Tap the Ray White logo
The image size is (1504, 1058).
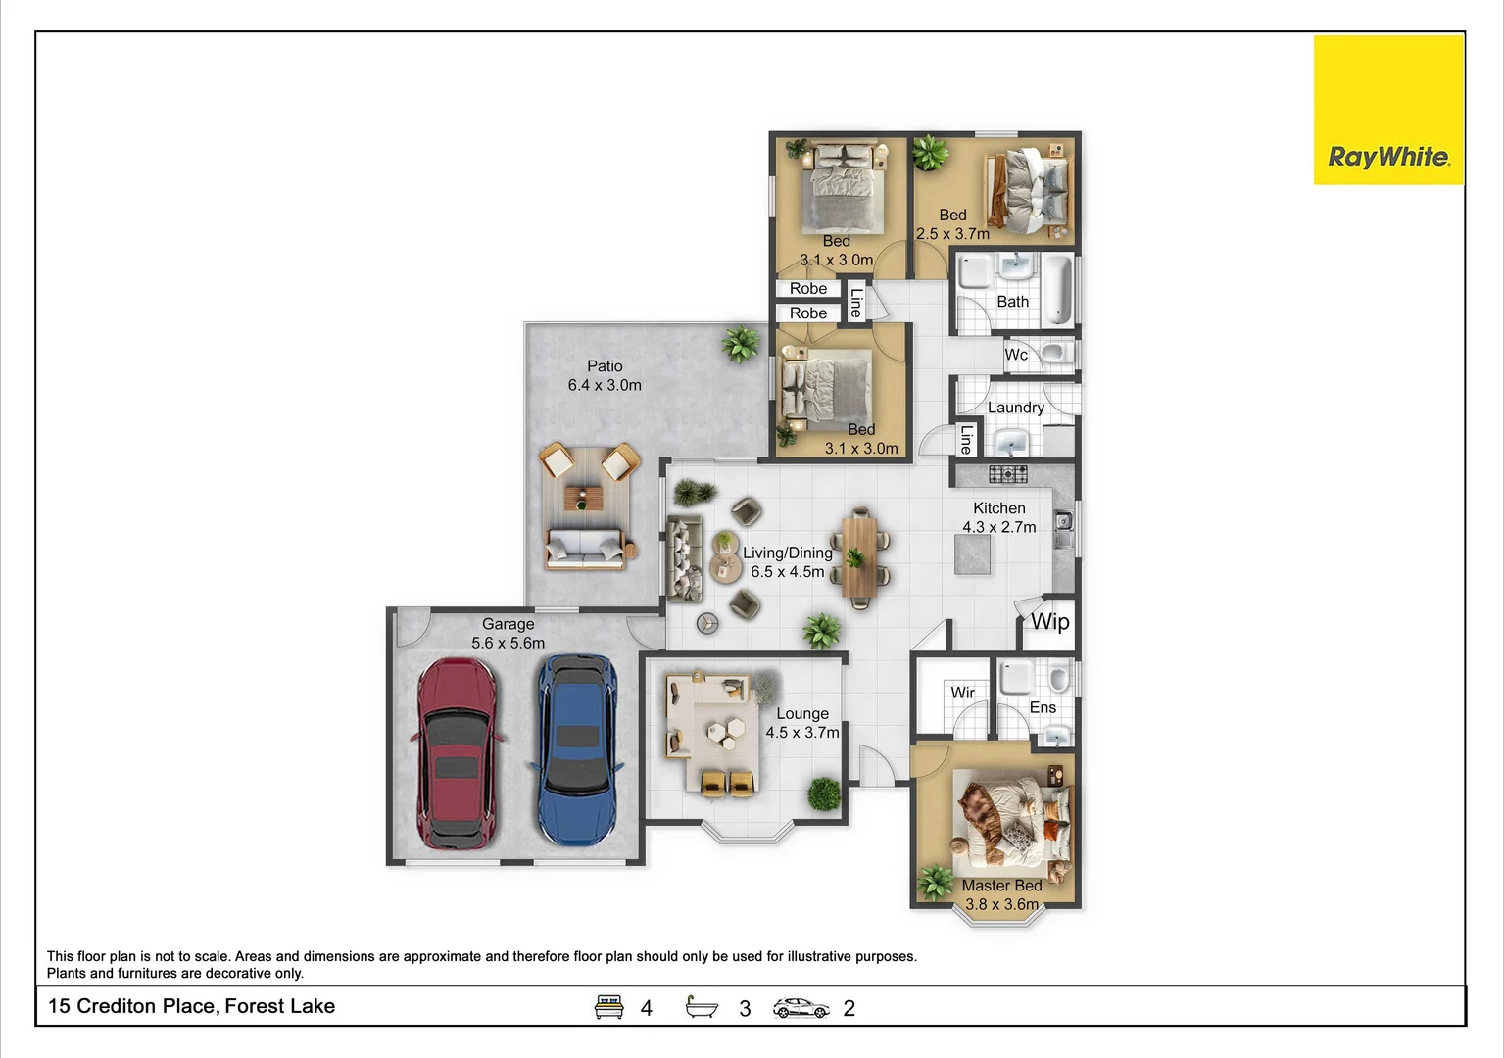tap(1387, 111)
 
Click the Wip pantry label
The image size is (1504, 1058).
tap(1049, 622)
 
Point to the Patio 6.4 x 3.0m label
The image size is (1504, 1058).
tap(605, 376)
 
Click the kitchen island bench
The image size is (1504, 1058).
tap(972, 554)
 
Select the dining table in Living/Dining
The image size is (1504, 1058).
tap(859, 555)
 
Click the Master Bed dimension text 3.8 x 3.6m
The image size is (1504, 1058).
tap(1001, 904)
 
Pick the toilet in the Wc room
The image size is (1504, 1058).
tap(1052, 353)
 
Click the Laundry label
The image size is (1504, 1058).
tap(1015, 408)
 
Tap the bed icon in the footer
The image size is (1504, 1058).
tap(609, 1007)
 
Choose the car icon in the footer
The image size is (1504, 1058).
tap(801, 1008)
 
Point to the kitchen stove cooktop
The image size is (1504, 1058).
tap(1007, 474)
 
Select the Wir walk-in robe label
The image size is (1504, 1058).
tap(962, 693)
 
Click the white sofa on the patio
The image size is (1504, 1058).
tap(585, 550)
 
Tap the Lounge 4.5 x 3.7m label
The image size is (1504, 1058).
tap(802, 723)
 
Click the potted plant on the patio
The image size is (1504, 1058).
tap(740, 344)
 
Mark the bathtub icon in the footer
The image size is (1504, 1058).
tap(702, 1007)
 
